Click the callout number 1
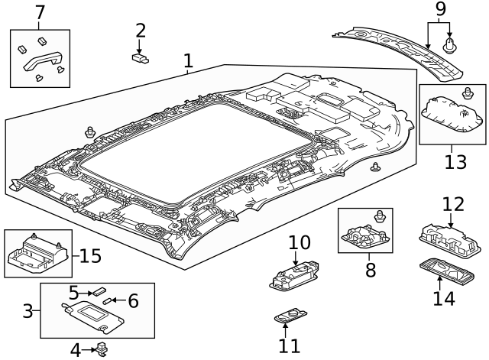[188, 60]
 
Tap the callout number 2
[141, 31]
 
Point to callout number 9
[439, 9]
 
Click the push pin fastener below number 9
[450, 44]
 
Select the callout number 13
[455, 162]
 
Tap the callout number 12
[452, 204]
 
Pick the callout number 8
[371, 270]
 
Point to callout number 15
[90, 255]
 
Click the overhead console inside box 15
[36, 253]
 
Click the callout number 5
[74, 292]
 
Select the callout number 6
[133, 301]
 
